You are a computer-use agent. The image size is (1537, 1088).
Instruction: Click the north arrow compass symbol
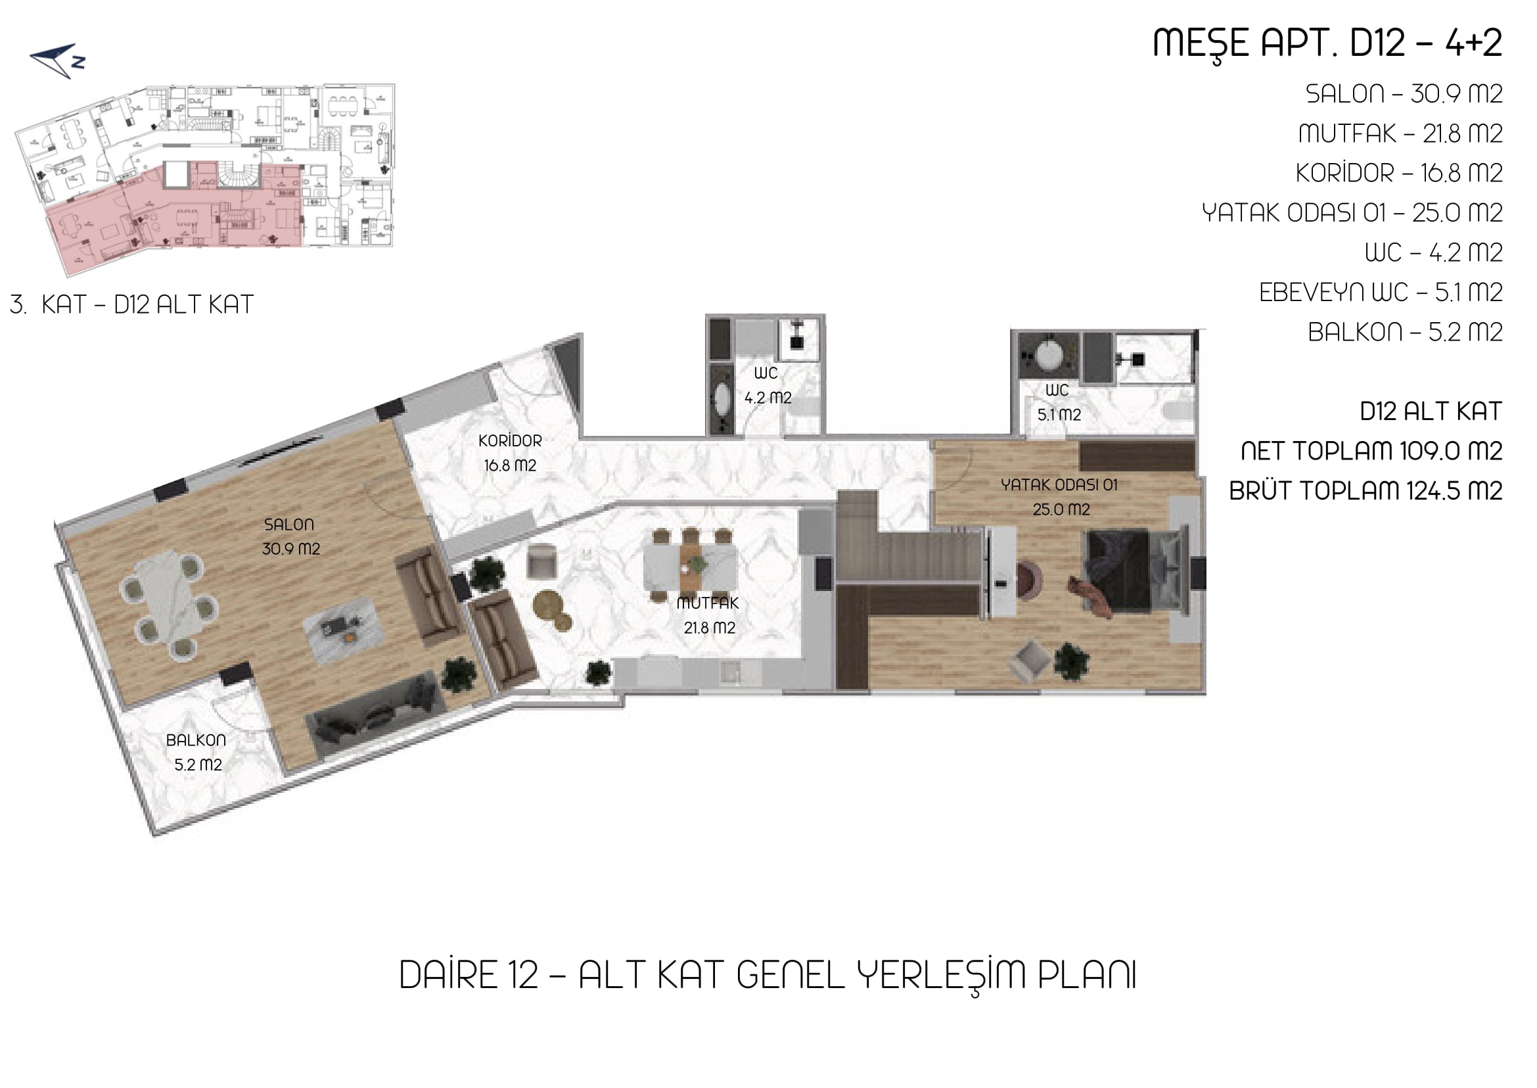[58, 60]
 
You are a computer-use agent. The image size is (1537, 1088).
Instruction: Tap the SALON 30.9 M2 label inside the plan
[290, 536]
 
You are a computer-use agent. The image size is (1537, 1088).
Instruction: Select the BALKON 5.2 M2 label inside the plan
[196, 752]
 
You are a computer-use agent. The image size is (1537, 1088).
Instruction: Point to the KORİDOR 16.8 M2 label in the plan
[511, 453]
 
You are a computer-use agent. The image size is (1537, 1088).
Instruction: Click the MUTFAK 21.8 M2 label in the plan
[708, 616]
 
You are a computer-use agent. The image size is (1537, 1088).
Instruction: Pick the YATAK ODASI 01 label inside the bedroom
[1059, 485]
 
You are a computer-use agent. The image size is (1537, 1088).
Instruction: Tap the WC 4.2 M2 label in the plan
[768, 385]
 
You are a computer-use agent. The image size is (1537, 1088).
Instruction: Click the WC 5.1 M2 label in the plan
[1059, 402]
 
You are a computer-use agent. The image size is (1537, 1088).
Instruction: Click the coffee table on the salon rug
[340, 630]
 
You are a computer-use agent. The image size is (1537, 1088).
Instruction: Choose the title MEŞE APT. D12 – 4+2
[1327, 43]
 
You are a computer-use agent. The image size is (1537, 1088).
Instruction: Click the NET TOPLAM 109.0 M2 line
[1371, 451]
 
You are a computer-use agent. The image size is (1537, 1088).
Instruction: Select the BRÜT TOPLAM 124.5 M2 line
[1365, 490]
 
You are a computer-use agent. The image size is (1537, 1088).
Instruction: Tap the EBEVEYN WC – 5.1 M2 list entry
[1381, 292]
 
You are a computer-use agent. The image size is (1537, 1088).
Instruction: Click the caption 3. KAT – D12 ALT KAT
[131, 305]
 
